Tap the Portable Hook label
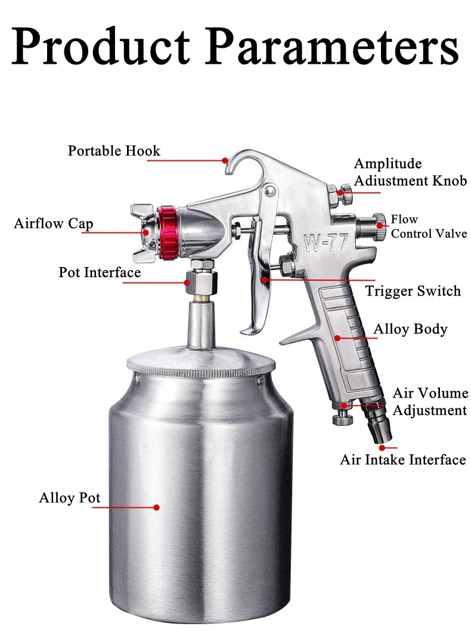click(x=114, y=151)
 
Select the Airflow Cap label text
click(x=54, y=224)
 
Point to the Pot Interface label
click(x=100, y=272)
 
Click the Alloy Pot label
click(x=69, y=498)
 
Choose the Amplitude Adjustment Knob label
click(x=410, y=172)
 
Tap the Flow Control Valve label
click(x=428, y=227)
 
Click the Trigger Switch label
click(x=413, y=291)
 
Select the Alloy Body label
click(x=410, y=329)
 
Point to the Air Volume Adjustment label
click(x=429, y=402)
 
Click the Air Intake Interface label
click(x=402, y=460)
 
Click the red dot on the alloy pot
click(x=156, y=507)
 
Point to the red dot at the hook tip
click(x=225, y=160)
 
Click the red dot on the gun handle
click(x=337, y=338)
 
